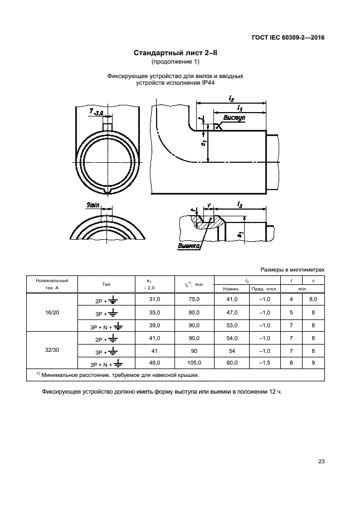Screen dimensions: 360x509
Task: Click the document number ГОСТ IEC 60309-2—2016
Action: click(x=288, y=38)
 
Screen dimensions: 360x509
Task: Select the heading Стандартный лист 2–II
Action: click(x=176, y=52)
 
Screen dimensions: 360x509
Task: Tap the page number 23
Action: click(x=322, y=461)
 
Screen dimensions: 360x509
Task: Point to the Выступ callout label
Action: click(x=234, y=118)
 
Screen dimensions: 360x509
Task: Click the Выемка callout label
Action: click(x=188, y=246)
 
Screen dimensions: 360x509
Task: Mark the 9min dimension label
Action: click(x=93, y=205)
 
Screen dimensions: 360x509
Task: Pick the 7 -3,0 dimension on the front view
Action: click(x=96, y=112)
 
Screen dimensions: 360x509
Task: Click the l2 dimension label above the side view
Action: click(x=231, y=98)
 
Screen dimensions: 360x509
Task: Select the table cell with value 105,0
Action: click(x=194, y=362)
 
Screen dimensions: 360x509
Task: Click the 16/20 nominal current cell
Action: click(x=52, y=313)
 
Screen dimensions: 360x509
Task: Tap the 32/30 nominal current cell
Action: click(x=52, y=350)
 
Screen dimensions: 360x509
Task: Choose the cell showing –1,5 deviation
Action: click(x=265, y=362)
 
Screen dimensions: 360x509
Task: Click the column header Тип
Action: click(x=106, y=284)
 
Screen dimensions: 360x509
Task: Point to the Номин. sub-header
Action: click(x=231, y=289)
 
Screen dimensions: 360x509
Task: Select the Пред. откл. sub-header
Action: click(x=265, y=289)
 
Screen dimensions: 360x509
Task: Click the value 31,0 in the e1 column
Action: click(x=154, y=299)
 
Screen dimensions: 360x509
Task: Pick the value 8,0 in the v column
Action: click(x=313, y=299)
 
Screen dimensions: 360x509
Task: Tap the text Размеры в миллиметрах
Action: click(x=292, y=270)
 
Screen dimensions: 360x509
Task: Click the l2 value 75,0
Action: click(x=194, y=299)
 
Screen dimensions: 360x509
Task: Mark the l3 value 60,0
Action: click(x=232, y=362)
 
